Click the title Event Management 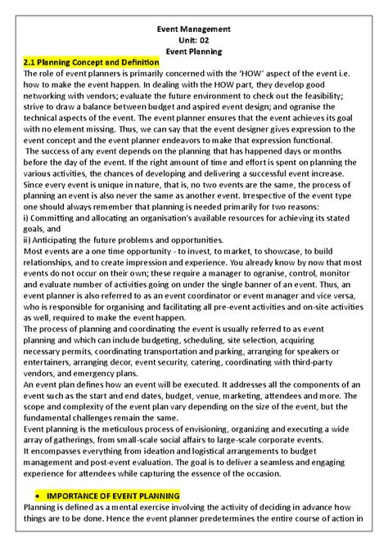[194, 29]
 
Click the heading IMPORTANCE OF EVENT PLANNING [118, 495]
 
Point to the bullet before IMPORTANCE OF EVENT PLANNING [41, 496]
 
